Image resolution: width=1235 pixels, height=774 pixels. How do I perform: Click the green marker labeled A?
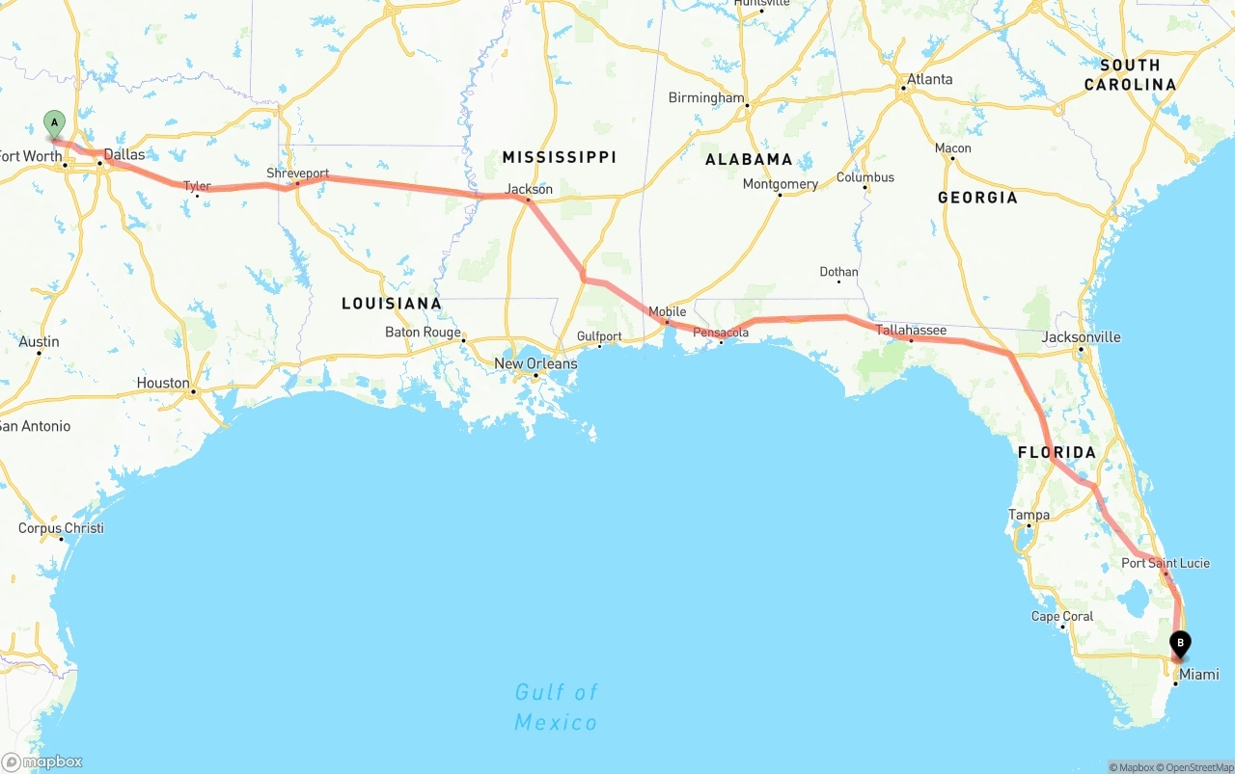pyautogui.click(x=55, y=122)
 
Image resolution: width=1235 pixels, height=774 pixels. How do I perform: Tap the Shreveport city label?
pyautogui.click(x=298, y=174)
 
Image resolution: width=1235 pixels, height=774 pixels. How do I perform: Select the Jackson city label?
pyautogui.click(x=529, y=189)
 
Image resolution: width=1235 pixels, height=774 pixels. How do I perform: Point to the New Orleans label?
pyautogui.click(x=535, y=363)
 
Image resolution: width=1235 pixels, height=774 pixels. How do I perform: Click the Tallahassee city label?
pyautogui.click(x=911, y=331)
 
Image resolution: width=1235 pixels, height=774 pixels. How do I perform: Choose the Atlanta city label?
pyautogui.click(x=929, y=79)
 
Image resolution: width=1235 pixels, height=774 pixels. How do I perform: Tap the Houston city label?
pyautogui.click(x=163, y=383)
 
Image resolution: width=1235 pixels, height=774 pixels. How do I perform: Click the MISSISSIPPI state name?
pyautogui.click(x=559, y=157)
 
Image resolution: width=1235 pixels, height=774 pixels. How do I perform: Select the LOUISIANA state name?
pyautogui.click(x=392, y=304)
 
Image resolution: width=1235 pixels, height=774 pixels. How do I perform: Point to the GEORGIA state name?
pyautogui.click(x=977, y=198)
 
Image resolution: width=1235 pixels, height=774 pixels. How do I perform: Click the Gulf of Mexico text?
pyautogui.click(x=556, y=707)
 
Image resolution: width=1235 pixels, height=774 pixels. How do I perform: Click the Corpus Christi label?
pyautogui.click(x=61, y=528)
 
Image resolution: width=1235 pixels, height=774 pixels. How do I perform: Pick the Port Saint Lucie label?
pyautogui.click(x=1165, y=563)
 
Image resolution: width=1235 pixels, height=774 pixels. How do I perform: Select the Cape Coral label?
pyautogui.click(x=1062, y=617)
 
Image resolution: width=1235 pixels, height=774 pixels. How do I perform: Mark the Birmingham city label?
pyautogui.click(x=706, y=98)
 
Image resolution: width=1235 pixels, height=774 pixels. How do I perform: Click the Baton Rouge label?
pyautogui.click(x=423, y=333)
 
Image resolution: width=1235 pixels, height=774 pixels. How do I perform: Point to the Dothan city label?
pyautogui.click(x=838, y=272)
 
